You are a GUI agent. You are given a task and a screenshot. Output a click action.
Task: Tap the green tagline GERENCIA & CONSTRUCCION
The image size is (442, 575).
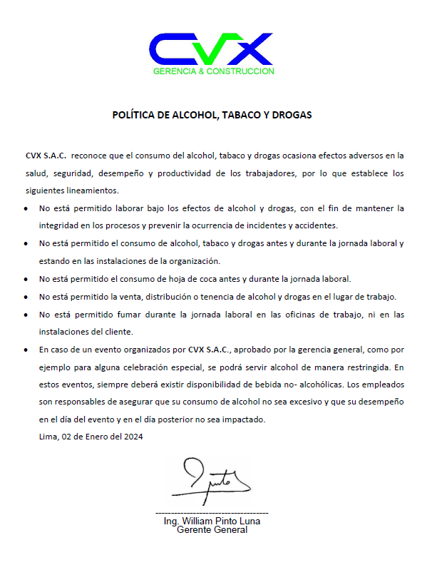click(213, 71)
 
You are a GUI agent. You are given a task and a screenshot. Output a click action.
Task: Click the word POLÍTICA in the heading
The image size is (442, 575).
click(135, 115)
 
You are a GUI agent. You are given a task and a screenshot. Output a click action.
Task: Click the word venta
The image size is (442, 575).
click(141, 296)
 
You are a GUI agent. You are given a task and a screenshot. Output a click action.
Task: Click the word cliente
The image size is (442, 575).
click(118, 332)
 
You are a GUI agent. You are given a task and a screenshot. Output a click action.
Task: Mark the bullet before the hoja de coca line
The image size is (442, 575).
click(26, 280)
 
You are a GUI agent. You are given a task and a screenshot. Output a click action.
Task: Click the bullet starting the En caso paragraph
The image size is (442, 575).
click(26, 350)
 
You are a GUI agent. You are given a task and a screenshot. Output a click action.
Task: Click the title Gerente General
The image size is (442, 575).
click(212, 530)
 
